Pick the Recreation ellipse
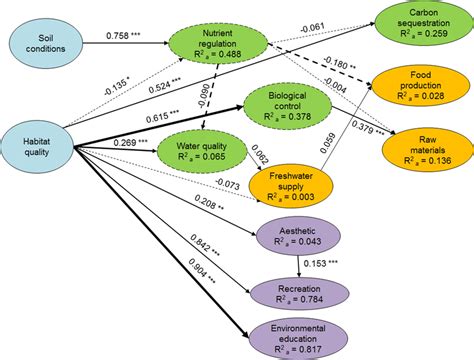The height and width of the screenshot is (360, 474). [301, 292]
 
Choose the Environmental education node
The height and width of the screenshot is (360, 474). [301, 337]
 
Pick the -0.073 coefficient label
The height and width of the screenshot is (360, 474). [228, 184]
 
